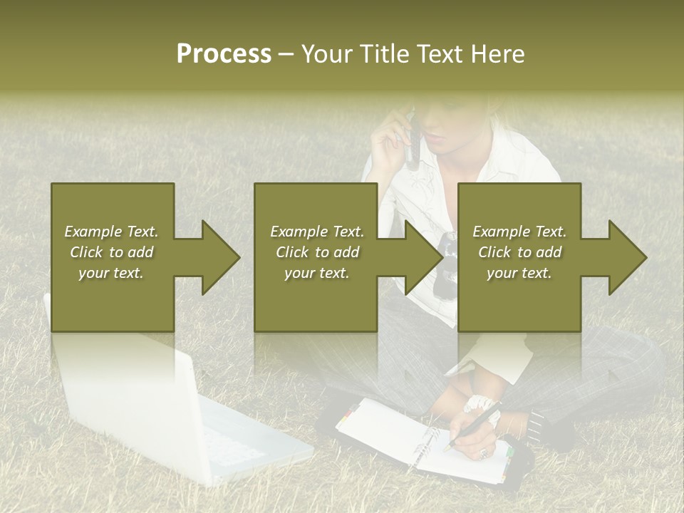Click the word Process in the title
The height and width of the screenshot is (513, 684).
click(x=224, y=54)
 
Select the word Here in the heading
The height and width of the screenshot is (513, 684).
click(x=498, y=54)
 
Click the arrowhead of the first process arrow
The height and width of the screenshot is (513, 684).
click(x=220, y=257)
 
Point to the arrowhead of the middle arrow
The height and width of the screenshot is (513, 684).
click(x=424, y=257)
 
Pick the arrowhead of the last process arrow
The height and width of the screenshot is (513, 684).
click(x=628, y=257)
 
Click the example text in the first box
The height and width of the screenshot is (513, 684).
click(x=111, y=252)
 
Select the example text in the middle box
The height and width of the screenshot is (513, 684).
click(x=317, y=252)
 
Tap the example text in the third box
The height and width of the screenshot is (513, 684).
click(x=519, y=252)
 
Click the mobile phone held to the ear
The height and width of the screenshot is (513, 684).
click(x=412, y=139)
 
